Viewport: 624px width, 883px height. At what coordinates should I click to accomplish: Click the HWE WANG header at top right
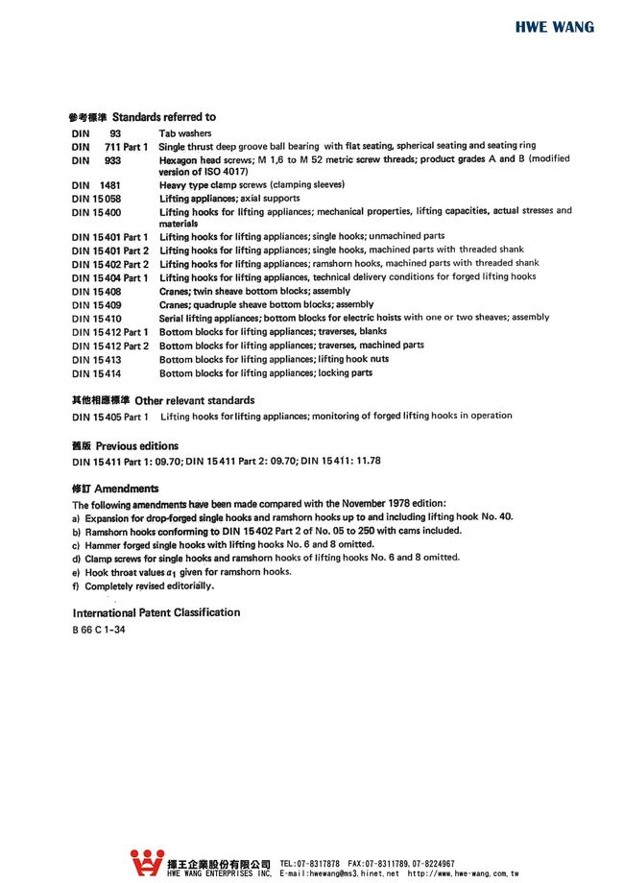pyautogui.click(x=554, y=27)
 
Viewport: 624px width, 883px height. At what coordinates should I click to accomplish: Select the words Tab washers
pyautogui.click(x=185, y=133)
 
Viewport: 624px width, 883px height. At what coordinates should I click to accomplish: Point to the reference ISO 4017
pyautogui.click(x=228, y=171)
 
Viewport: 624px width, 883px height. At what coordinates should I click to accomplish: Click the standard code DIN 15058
pyautogui.click(x=96, y=198)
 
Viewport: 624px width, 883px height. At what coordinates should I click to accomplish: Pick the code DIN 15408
pyautogui.click(x=96, y=291)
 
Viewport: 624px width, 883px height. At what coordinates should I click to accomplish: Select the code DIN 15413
pyautogui.click(x=96, y=359)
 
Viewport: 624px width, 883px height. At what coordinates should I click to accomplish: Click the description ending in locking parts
pyautogui.click(x=265, y=372)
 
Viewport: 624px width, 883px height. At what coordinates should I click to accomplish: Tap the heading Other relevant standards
pyautogui.click(x=200, y=399)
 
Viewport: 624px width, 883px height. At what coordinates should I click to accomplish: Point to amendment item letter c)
pyautogui.click(x=76, y=544)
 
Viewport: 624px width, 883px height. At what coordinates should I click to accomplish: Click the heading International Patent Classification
pyautogui.click(x=156, y=612)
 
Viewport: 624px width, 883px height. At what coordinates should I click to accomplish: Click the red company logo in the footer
pyautogui.click(x=148, y=863)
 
